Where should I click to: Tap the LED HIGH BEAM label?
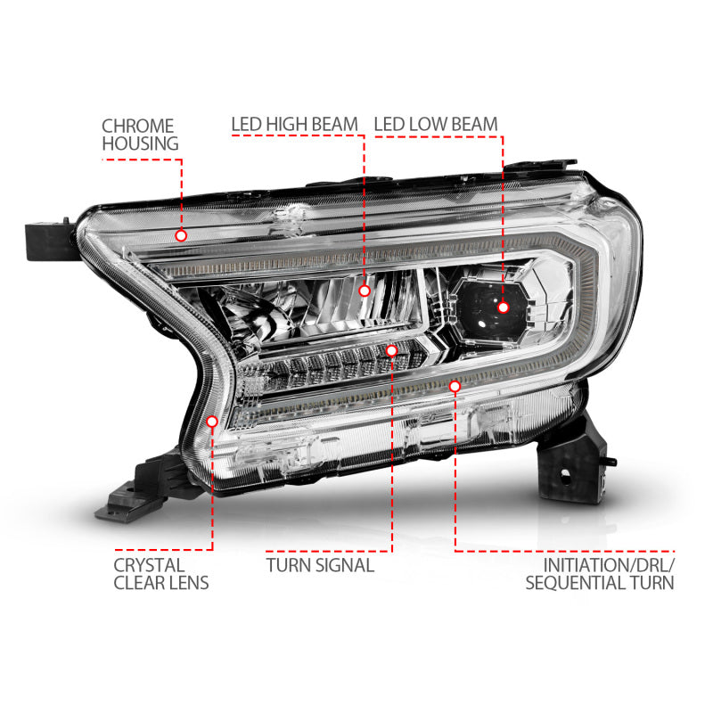pyautogui.click(x=294, y=124)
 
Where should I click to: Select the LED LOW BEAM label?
pyautogui.click(x=436, y=124)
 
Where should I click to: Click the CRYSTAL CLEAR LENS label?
pyautogui.click(x=161, y=574)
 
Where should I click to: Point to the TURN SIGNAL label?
pyautogui.click(x=320, y=565)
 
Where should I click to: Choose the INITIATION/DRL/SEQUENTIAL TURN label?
pyautogui.click(x=599, y=574)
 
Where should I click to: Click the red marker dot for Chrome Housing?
pyautogui.click(x=181, y=235)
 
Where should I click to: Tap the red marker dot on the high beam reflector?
pyautogui.click(x=364, y=290)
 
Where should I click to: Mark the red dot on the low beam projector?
pyautogui.click(x=503, y=307)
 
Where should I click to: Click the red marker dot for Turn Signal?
pyautogui.click(x=391, y=351)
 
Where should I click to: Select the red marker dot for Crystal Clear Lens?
pyautogui.click(x=212, y=422)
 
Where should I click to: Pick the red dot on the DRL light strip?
pyautogui.click(x=455, y=386)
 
